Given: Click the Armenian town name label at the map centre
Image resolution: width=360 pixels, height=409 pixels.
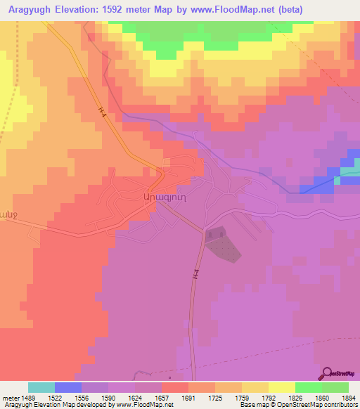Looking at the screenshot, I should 164,198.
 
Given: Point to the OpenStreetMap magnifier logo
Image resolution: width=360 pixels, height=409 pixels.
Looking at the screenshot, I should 328,372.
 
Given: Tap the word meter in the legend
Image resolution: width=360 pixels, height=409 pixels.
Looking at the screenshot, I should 8,397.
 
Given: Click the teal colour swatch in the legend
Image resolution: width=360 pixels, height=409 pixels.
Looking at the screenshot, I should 41,387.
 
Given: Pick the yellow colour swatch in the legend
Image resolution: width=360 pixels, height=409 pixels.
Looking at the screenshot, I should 281,387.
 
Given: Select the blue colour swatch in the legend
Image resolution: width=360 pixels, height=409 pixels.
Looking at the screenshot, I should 68,387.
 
